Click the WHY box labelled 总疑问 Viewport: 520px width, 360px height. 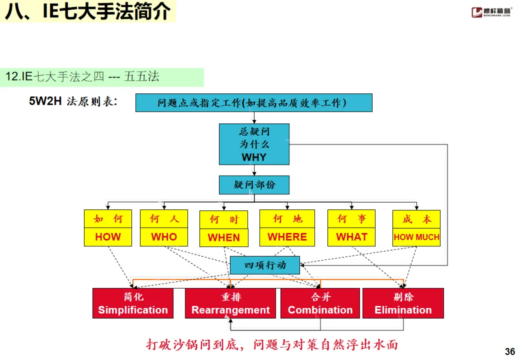click(x=254, y=144)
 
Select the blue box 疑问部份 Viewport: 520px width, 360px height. click(x=254, y=185)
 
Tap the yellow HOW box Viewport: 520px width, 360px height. click(x=108, y=228)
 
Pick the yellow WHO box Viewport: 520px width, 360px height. click(x=164, y=228)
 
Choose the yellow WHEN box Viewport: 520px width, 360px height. click(x=223, y=229)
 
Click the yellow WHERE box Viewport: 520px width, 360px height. click(x=287, y=228)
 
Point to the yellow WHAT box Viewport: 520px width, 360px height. click(x=351, y=228)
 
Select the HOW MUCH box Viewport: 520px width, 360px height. click(x=416, y=228)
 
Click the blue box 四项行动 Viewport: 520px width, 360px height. click(x=265, y=265)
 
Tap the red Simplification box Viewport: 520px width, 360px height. click(x=133, y=303)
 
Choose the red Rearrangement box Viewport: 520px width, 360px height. click(x=230, y=303)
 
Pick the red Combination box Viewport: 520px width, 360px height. click(x=320, y=303)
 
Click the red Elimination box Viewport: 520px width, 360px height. click(x=403, y=303)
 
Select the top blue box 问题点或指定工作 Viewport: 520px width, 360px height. click(x=254, y=103)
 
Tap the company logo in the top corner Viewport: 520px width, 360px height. click(x=492, y=12)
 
